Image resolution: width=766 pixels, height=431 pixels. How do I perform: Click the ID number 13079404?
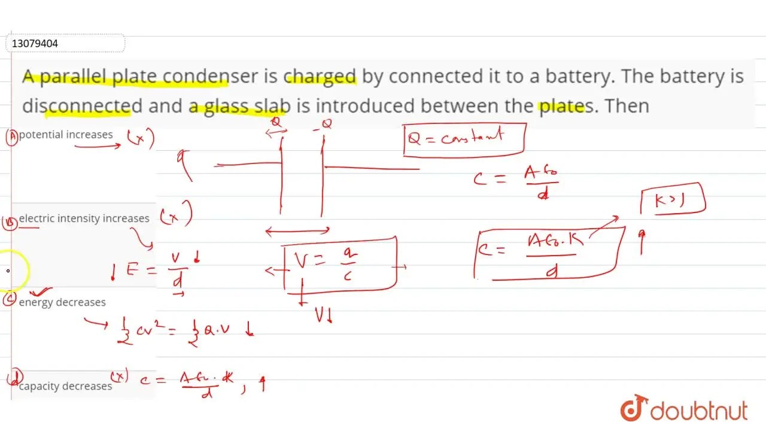click(35, 44)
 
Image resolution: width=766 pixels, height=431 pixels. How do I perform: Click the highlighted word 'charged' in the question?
click(320, 77)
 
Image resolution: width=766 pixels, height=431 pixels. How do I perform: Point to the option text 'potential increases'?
click(66, 135)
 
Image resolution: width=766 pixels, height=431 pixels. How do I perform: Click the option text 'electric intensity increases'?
click(84, 218)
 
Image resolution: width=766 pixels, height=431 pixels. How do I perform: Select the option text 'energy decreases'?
click(62, 302)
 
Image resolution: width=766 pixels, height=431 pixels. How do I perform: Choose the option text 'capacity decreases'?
click(65, 386)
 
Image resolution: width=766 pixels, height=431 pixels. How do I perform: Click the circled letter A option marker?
click(11, 137)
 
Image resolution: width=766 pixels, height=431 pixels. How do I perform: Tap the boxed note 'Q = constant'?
click(464, 139)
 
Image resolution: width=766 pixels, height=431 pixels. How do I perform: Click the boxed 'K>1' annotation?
click(673, 200)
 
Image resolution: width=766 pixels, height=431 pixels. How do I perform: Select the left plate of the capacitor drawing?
click(281, 174)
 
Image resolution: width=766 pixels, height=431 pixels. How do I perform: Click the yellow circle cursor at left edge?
click(11, 271)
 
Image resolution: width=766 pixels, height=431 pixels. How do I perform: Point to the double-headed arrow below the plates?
click(297, 230)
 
